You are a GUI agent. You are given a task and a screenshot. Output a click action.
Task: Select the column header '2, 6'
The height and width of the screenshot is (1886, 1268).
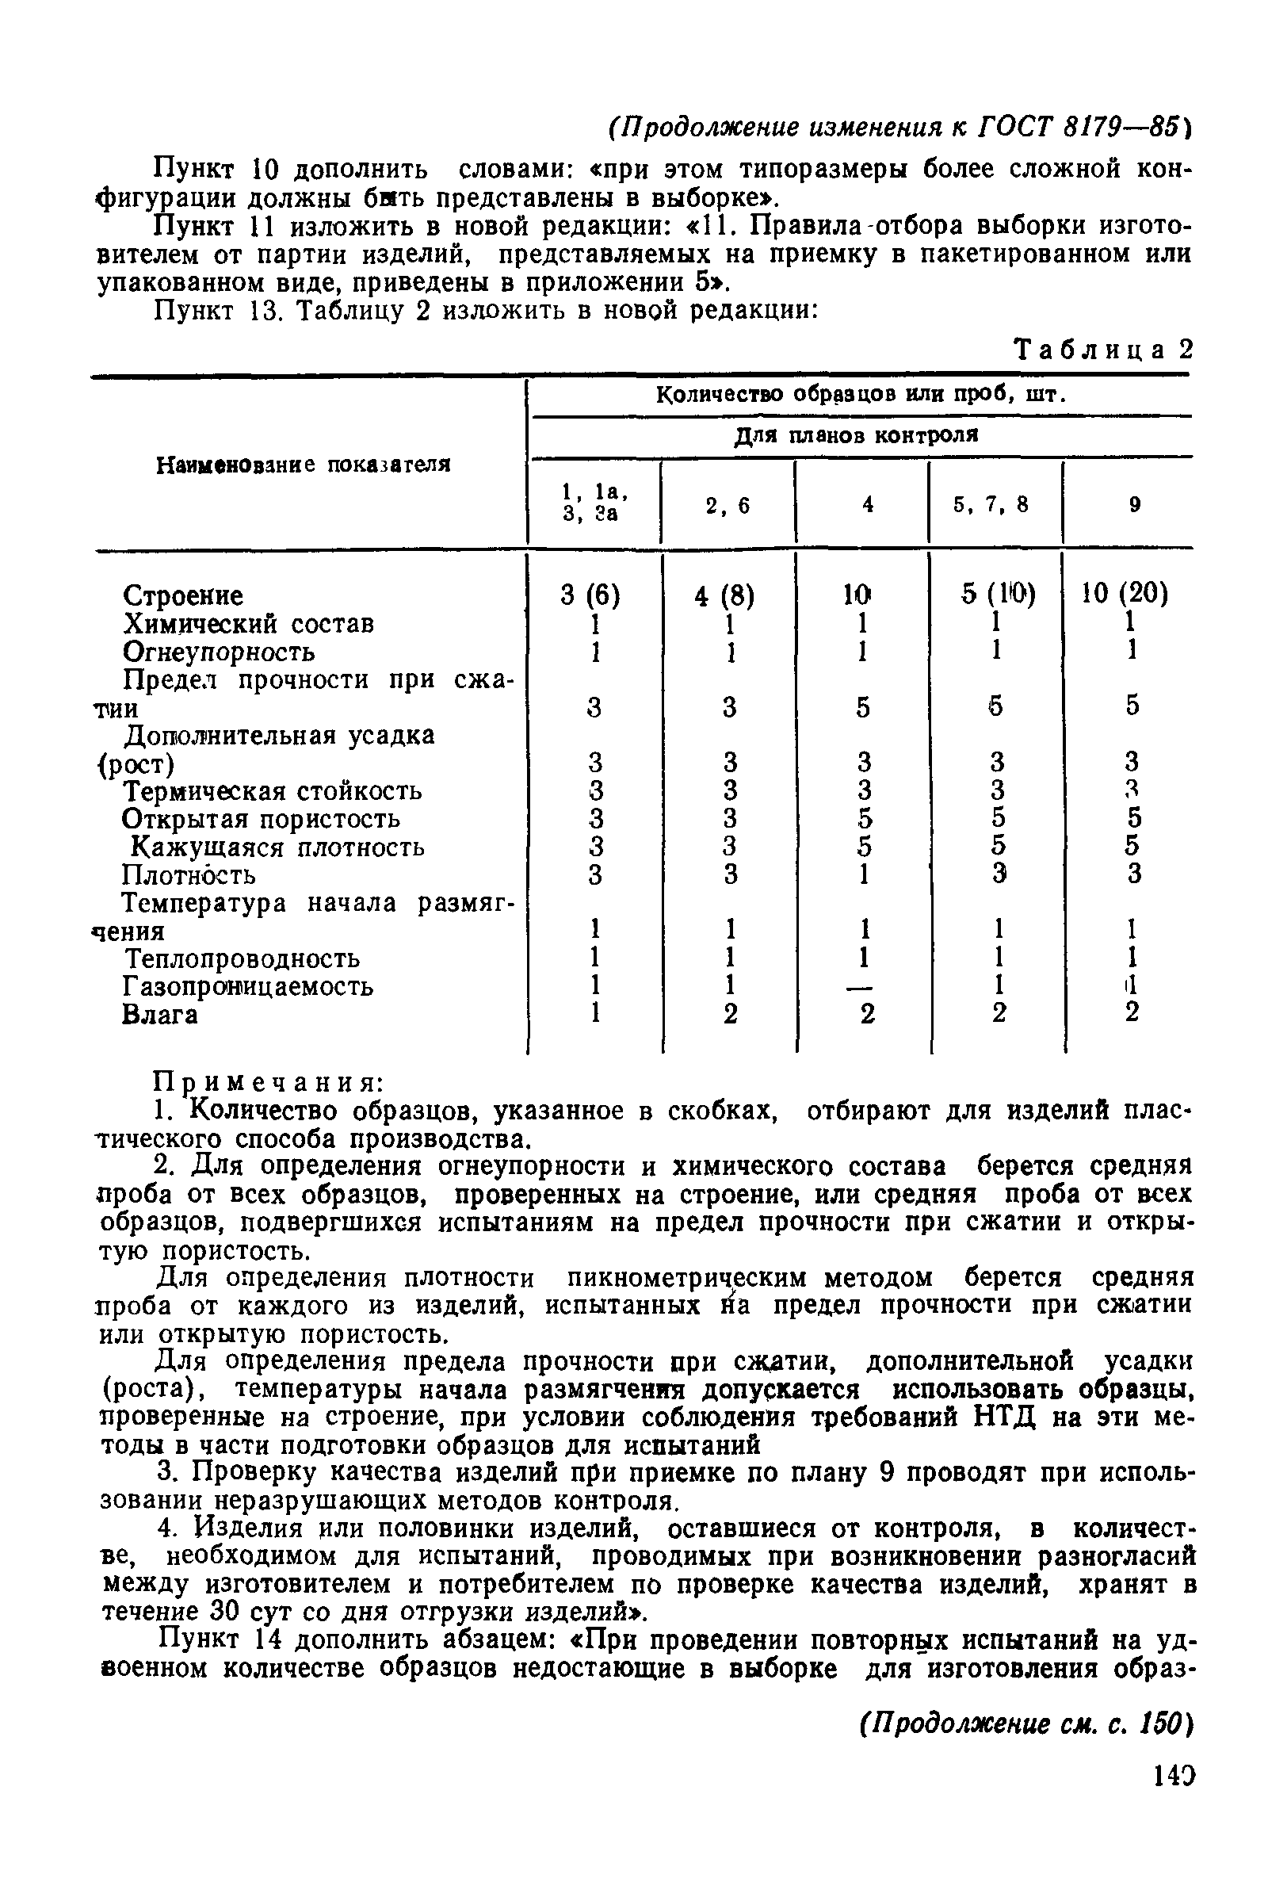tap(728, 506)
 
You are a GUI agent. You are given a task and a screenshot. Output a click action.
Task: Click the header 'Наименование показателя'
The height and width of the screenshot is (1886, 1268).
tap(303, 465)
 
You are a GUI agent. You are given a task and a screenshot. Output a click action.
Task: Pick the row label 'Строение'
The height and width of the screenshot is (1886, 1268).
tap(183, 596)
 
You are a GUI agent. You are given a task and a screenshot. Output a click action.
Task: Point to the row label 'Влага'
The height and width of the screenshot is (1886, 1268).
tap(159, 1014)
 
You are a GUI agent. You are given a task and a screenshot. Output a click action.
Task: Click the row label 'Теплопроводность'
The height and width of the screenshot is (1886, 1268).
tap(241, 958)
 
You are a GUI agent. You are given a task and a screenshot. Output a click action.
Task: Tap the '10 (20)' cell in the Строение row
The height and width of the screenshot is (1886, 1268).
tap(1125, 595)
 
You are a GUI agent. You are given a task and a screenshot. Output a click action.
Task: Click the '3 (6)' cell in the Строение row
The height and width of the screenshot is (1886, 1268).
tap(590, 596)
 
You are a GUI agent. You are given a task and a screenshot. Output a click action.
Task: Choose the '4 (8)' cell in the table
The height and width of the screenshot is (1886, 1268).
tap(724, 596)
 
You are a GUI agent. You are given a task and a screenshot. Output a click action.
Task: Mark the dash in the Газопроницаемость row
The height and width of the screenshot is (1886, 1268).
tap(864, 986)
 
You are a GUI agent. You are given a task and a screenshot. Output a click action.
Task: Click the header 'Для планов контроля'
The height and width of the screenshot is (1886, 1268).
tap(857, 436)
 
